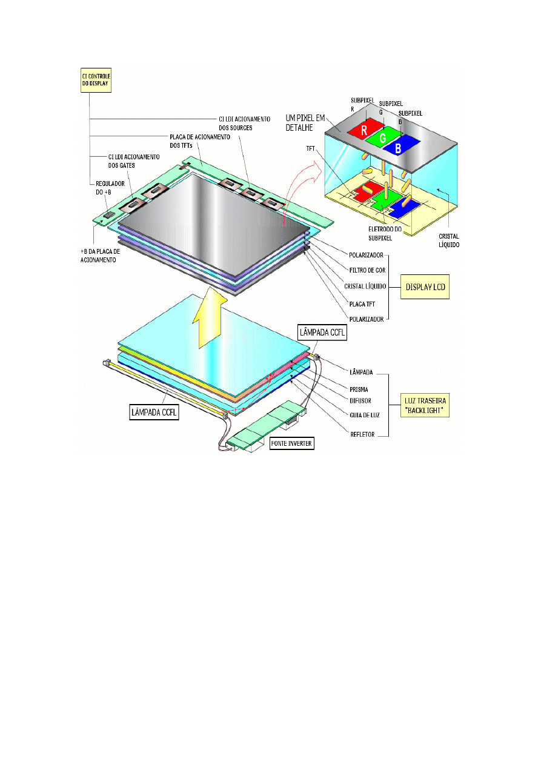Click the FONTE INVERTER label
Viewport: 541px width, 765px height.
[291, 443]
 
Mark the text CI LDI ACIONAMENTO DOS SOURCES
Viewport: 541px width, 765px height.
[244, 122]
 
